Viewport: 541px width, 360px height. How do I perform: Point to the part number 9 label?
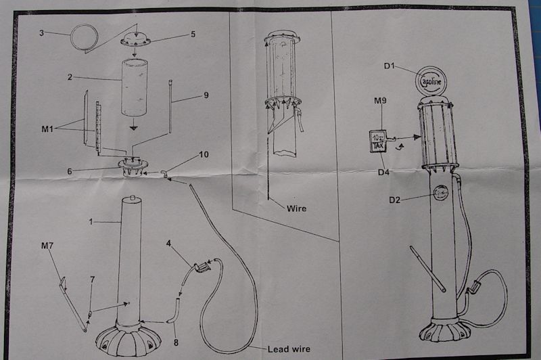206,96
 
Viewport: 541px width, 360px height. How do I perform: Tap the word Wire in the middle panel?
296,208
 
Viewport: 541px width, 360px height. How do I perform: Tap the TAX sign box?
377,142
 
